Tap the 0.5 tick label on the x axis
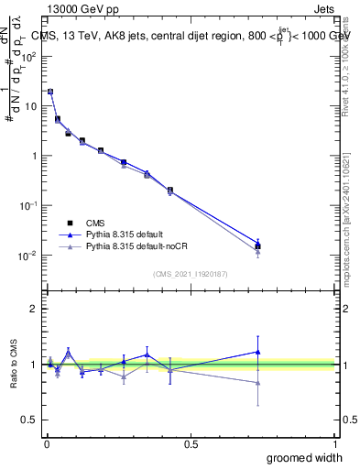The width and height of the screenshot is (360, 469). click(191, 443)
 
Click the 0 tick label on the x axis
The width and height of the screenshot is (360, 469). click(47, 443)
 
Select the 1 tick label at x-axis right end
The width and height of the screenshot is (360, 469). click(335, 443)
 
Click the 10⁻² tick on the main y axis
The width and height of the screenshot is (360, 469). click(28, 256)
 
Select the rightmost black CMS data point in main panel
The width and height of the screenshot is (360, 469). click(258, 246)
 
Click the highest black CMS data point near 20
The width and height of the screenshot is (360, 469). click(50, 92)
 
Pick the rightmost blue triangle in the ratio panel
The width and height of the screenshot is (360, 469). click(258, 352)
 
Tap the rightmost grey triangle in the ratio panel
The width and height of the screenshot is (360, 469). click(258, 383)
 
